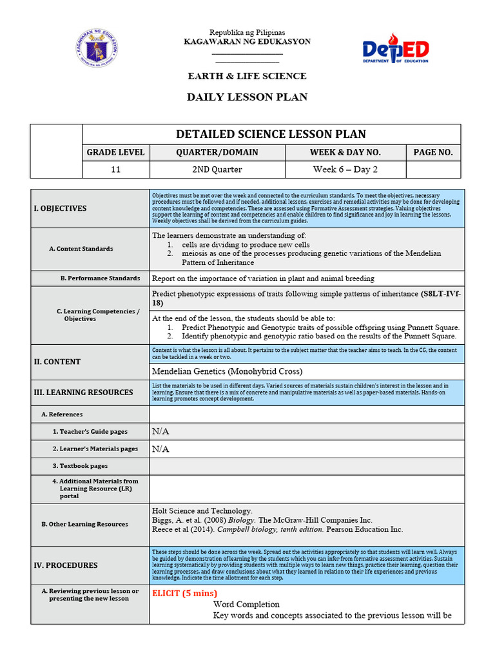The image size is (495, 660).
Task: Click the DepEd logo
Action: (396, 50)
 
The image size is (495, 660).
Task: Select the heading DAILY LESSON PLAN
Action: (247, 97)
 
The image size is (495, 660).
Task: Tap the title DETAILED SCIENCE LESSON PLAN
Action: (271, 134)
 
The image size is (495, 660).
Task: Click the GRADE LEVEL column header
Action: (116, 152)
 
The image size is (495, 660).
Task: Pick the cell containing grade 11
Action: (116, 170)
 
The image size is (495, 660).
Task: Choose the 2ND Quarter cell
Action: (217, 170)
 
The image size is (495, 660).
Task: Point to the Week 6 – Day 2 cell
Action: (345, 170)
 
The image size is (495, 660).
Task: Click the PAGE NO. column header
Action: (432, 152)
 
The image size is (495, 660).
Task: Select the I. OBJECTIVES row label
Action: (60, 208)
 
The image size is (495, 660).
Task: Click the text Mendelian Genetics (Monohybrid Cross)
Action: (227, 371)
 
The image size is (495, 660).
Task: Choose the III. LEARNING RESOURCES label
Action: (83, 392)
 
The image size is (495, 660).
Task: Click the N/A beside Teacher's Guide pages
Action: (160, 431)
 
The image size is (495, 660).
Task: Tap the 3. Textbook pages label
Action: (80, 466)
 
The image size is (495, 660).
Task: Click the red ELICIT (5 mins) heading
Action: (184, 593)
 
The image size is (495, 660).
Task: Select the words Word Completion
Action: (246, 605)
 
